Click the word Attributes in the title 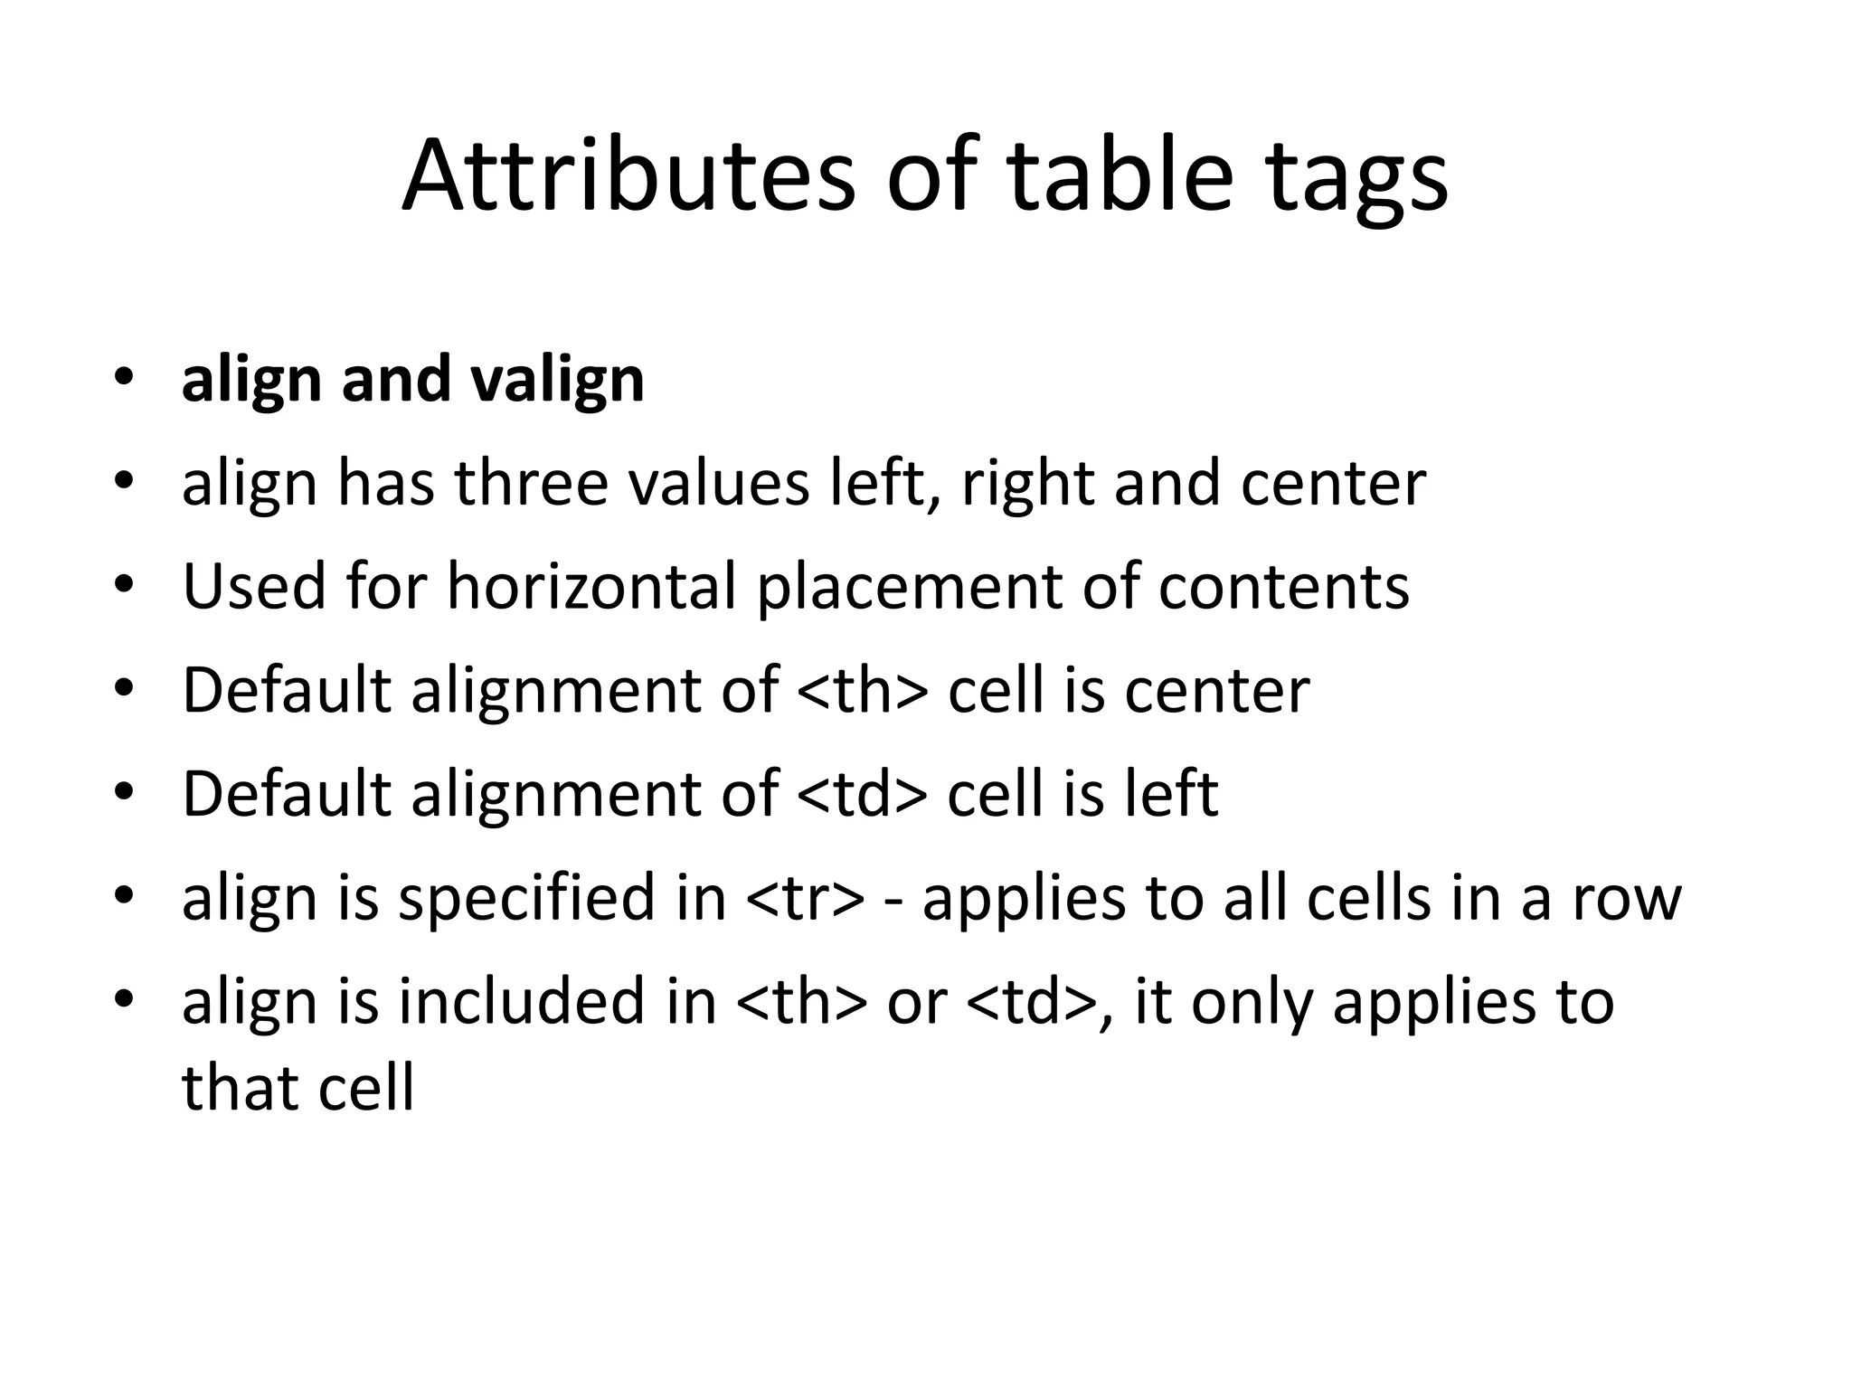point(628,175)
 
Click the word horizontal point(592,587)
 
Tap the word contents point(1283,587)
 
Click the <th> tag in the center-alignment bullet point(863,691)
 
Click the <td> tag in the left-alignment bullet point(863,794)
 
